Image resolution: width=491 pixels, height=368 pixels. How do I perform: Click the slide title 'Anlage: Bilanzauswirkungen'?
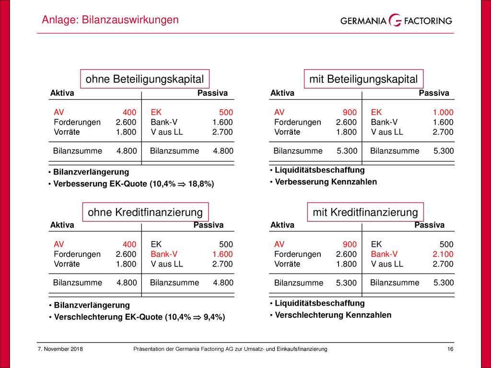[x=110, y=20]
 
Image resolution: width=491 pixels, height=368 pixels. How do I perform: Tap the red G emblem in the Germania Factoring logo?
[x=395, y=21]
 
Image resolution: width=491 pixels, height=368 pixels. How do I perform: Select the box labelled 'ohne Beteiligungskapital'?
[x=145, y=79]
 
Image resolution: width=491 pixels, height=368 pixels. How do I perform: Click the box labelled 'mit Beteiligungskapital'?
[x=363, y=79]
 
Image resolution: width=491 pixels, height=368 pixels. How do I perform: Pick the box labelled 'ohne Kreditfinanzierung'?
[x=145, y=212]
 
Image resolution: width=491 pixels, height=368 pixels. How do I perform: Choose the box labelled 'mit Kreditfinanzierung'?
[x=365, y=212]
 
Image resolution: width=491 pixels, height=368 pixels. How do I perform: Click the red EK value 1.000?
[x=443, y=112]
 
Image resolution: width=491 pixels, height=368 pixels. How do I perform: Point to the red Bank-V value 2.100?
[x=443, y=254]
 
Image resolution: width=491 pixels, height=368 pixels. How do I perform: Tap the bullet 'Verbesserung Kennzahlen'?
[x=326, y=182]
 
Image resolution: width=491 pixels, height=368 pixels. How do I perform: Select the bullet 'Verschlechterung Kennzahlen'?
[x=333, y=315]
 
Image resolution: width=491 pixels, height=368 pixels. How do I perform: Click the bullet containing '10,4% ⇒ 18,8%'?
[x=133, y=184]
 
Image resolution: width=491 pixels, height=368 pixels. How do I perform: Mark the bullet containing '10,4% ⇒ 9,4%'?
[x=140, y=317]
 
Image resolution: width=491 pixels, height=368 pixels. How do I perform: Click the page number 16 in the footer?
[x=450, y=349]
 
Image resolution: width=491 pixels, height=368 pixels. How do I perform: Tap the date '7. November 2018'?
[x=60, y=349]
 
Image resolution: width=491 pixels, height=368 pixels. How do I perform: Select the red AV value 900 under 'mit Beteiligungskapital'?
[x=350, y=112]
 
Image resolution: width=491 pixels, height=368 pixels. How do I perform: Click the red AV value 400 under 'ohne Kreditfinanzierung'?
[x=129, y=244]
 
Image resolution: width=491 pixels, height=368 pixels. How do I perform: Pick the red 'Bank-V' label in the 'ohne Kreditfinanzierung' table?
[x=164, y=254]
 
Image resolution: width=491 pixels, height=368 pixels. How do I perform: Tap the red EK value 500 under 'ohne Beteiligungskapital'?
[x=226, y=112]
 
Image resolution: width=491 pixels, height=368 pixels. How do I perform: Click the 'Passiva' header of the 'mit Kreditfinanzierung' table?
[x=429, y=225]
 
